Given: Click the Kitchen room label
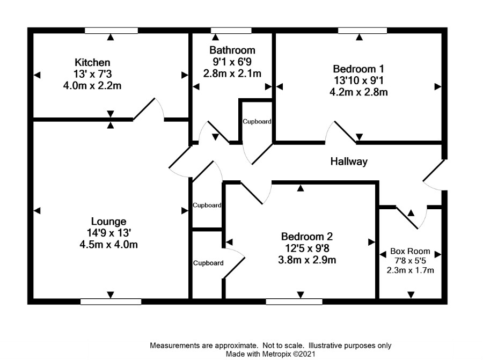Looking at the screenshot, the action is (92, 63).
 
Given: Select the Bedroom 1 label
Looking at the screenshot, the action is (358, 69).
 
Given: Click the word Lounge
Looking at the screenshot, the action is (108, 221).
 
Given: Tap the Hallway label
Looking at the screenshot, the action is (349, 161).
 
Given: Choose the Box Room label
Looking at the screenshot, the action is (411, 251).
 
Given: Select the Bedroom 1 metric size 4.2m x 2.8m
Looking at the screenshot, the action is (358, 92).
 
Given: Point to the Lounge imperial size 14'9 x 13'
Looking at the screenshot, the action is (108, 233).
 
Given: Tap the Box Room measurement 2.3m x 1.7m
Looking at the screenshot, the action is (411, 270).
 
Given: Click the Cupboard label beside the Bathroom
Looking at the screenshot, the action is (257, 122).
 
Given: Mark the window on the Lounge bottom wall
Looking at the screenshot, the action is (110, 302).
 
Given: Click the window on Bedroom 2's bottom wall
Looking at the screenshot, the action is (294, 302).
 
